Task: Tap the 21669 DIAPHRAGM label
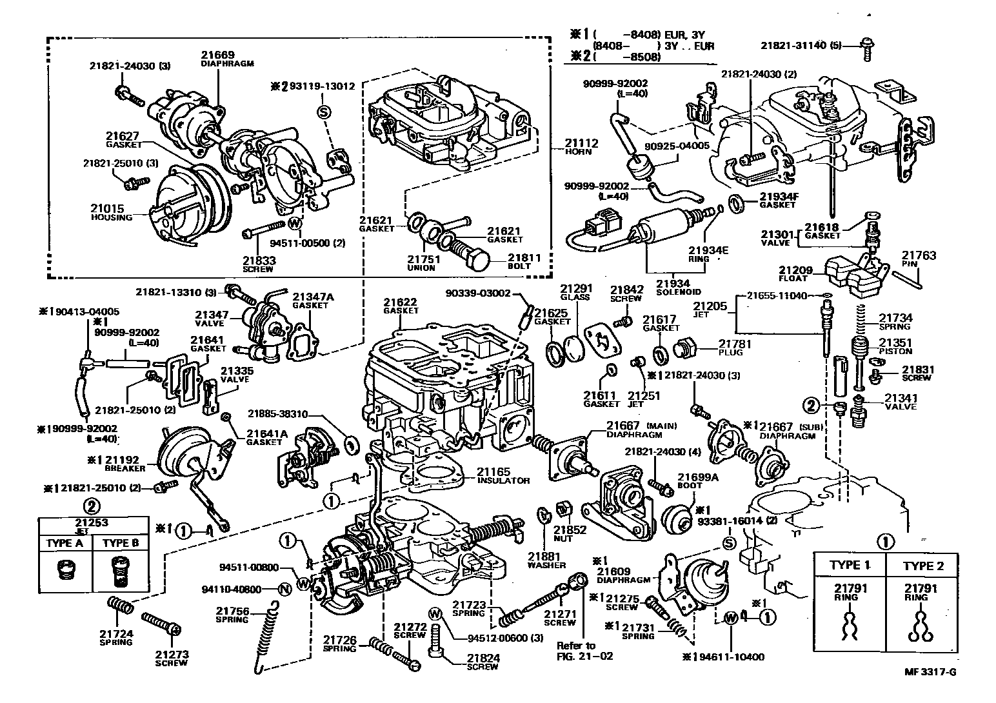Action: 217,59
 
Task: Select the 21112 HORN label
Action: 582,146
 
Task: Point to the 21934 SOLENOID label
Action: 672,287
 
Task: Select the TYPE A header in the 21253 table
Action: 65,543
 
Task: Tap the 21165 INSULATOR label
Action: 503,476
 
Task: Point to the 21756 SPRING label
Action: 232,615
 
